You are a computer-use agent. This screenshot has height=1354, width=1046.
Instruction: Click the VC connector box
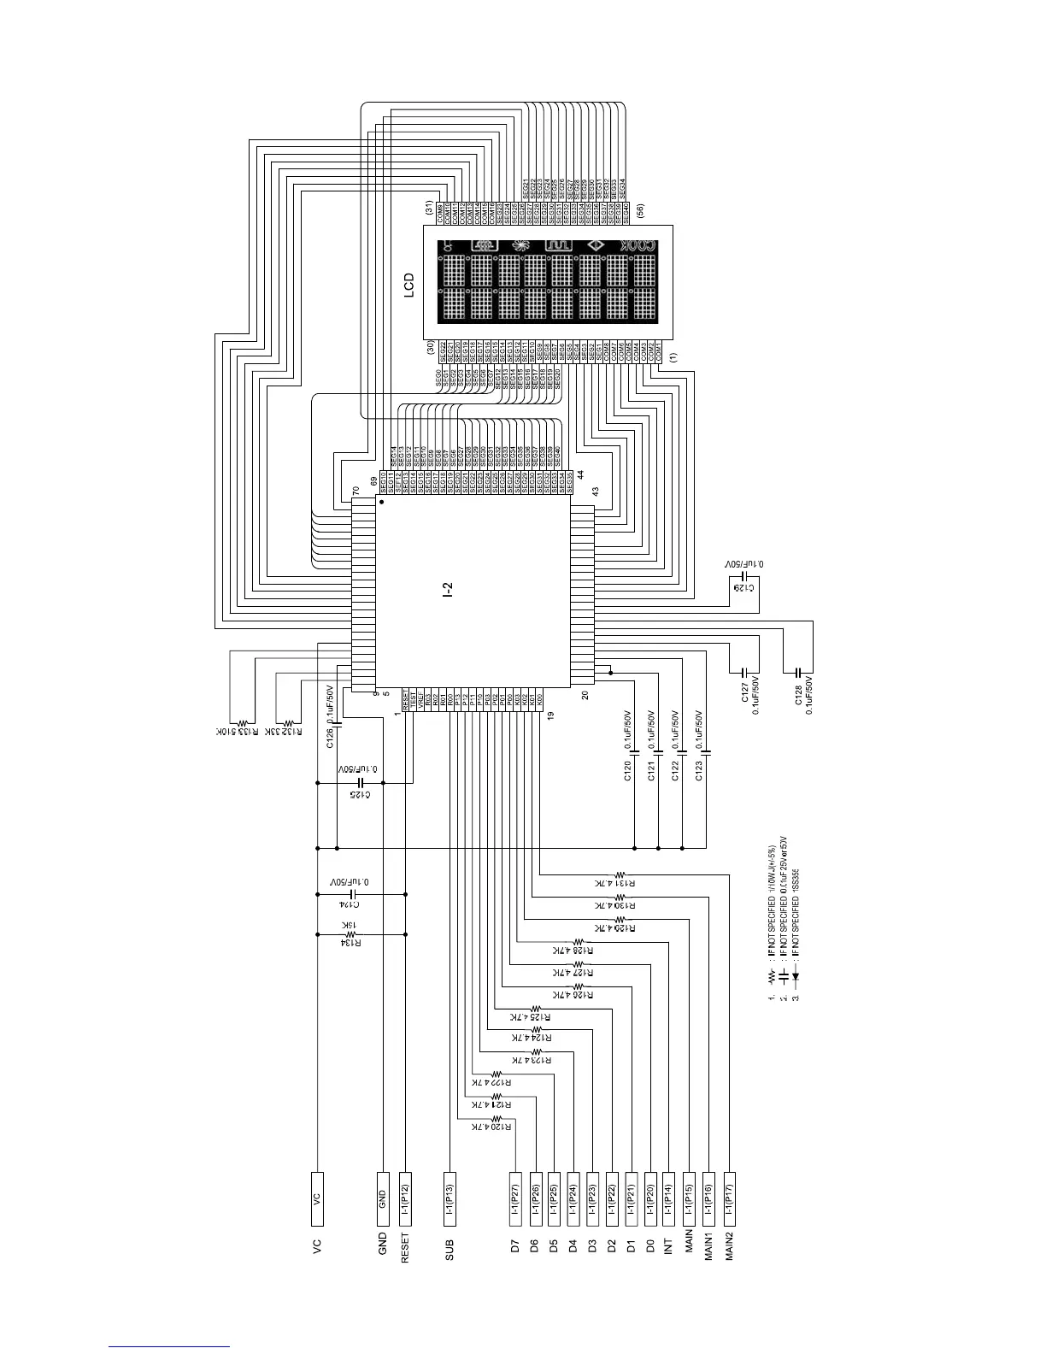coord(317,1198)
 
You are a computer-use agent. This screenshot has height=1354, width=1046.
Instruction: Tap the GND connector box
coord(382,1198)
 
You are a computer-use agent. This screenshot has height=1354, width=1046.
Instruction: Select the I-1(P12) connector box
coord(405,1198)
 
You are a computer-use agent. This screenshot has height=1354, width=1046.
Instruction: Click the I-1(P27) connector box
coord(515,1198)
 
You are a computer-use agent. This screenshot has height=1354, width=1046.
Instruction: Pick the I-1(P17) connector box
coord(729,1198)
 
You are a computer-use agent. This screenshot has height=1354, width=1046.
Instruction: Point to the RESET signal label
coord(405,1247)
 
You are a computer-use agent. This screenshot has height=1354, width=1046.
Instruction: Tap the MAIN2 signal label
coord(729,1246)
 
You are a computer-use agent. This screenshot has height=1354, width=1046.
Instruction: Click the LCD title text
coord(410,286)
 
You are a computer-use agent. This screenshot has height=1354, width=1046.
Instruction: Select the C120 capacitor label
coord(627,774)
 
